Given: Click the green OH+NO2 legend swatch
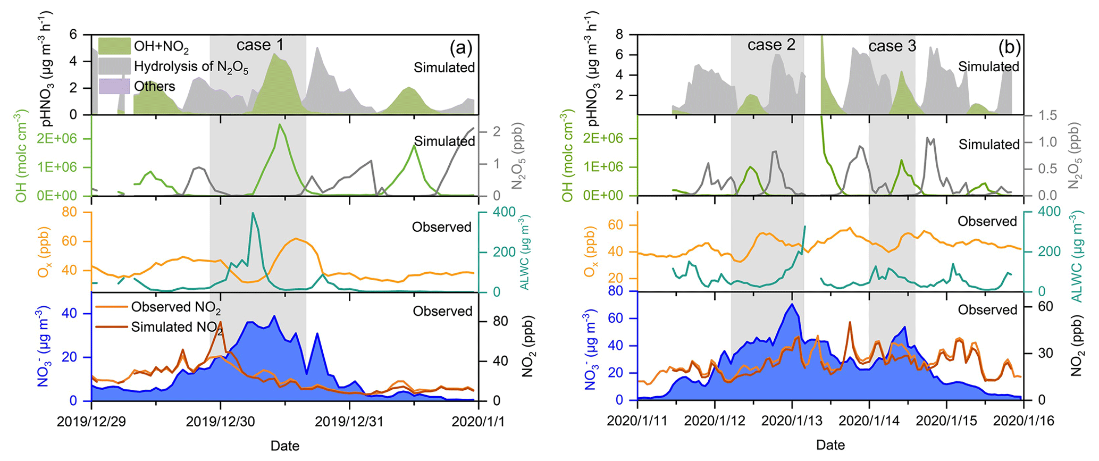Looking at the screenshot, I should pyautogui.click(x=114, y=46).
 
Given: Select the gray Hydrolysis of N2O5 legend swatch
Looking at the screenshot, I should pyautogui.click(x=114, y=66).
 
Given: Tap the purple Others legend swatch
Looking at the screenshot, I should pyautogui.click(x=114, y=86).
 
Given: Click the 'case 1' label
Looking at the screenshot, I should pyautogui.click(x=260, y=45).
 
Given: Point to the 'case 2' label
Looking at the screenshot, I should pyautogui.click(x=771, y=45).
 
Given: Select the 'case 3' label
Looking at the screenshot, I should pyautogui.click(x=892, y=46).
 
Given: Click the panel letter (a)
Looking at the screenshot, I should pyautogui.click(x=460, y=48).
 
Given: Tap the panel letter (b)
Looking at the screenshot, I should pyautogui.click(x=1009, y=48).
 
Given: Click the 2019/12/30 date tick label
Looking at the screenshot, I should pyautogui.click(x=220, y=422).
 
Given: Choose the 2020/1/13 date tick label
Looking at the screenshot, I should pyautogui.click(x=792, y=421).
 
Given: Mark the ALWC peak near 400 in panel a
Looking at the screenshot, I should pyautogui.click(x=253, y=213).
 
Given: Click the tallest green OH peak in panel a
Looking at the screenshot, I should pyautogui.click(x=279, y=124).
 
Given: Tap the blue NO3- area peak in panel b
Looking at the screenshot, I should pyautogui.click(x=792, y=304).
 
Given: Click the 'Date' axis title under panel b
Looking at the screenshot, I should pyautogui.click(x=830, y=445).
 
